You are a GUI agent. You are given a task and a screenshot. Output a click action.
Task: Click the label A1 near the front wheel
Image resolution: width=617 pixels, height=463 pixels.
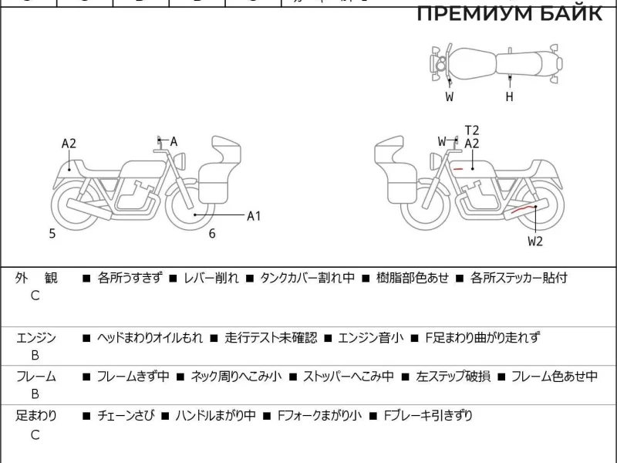click(x=254, y=216)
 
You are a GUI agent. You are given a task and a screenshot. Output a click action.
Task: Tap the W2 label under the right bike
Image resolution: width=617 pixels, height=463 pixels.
click(x=535, y=241)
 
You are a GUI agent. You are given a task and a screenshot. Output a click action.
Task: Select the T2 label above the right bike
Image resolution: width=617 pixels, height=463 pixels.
click(x=472, y=130)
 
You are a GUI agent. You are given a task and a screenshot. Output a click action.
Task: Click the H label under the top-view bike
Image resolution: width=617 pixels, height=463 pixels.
click(x=509, y=96)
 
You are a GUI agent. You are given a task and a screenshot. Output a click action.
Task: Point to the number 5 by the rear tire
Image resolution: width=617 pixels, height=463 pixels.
click(x=52, y=234)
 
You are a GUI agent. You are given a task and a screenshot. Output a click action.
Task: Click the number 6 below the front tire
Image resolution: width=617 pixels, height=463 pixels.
click(x=211, y=234)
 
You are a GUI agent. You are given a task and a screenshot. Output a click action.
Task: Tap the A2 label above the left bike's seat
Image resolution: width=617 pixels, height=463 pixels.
click(x=69, y=143)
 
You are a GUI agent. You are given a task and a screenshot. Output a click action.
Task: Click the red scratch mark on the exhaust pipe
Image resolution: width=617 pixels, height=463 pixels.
click(x=524, y=208)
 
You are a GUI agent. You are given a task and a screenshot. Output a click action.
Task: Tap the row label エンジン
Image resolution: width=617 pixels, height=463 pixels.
click(x=36, y=337)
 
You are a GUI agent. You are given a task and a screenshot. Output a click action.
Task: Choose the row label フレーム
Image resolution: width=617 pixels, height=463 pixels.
click(x=36, y=377)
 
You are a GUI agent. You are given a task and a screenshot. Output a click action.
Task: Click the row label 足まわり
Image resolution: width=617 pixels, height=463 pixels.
click(x=36, y=416)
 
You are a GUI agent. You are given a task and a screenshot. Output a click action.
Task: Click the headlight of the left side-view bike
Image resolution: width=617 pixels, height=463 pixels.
click(x=184, y=160)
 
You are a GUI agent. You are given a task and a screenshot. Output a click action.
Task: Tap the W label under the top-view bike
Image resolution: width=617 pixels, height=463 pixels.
click(x=449, y=96)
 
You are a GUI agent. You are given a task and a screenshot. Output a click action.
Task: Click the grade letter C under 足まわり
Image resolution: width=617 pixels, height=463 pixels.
click(x=35, y=434)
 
